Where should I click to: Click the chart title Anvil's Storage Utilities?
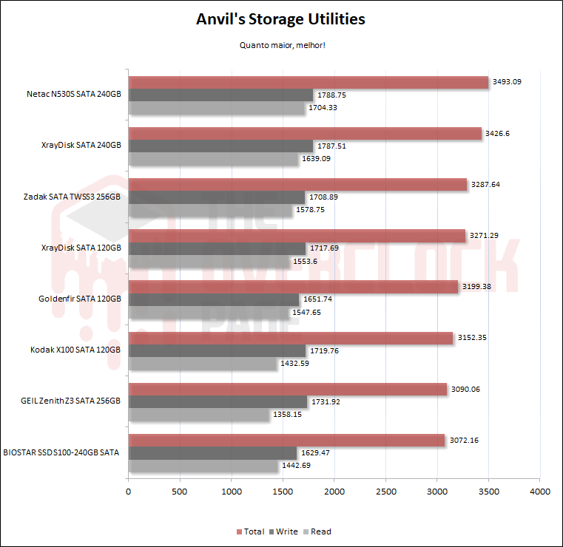click(x=280, y=19)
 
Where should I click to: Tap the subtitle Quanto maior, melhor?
click(x=282, y=45)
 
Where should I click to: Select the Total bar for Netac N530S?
click(x=309, y=82)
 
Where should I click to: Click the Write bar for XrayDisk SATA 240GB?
click(x=220, y=146)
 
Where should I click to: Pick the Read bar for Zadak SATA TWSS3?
click(x=210, y=211)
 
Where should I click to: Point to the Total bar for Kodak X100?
click(x=291, y=338)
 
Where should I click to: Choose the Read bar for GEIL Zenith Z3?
click(x=198, y=415)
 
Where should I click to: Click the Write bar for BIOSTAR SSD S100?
click(x=212, y=452)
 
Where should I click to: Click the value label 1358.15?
click(x=289, y=415)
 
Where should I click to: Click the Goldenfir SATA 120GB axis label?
click(x=79, y=299)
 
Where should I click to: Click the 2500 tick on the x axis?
click(x=385, y=491)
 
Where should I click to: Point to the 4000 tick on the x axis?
click(x=539, y=491)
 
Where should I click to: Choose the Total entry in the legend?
click(x=250, y=531)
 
